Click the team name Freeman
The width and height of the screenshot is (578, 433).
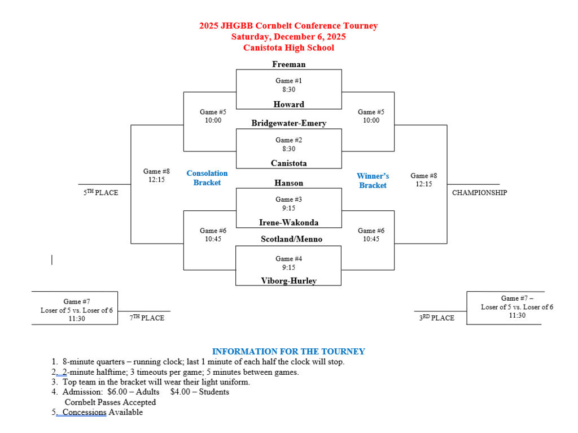pos(288,64)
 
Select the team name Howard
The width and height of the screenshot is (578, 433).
pos(288,105)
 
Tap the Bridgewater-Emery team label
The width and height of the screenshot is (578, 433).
pos(288,123)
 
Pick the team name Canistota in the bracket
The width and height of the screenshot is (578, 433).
pos(288,163)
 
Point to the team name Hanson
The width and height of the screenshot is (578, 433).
pos(288,183)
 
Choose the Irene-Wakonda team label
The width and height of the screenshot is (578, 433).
pos(288,223)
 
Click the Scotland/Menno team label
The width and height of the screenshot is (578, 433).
pos(291,239)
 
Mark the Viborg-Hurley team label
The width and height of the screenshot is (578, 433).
pos(288,281)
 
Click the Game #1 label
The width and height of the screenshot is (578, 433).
pos(288,81)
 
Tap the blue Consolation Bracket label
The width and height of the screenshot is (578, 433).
pos(207,178)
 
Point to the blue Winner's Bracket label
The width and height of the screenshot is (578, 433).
pos(373,181)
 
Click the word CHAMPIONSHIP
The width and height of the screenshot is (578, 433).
pos(479,193)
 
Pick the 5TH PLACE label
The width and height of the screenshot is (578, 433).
pos(101,193)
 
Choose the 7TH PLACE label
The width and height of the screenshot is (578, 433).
pos(147,318)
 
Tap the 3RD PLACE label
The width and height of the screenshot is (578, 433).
pos(436,318)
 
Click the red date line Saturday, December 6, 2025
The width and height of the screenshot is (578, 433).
pos(288,37)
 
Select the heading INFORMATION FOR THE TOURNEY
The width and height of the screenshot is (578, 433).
pos(288,352)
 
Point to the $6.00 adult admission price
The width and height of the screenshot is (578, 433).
pos(117,392)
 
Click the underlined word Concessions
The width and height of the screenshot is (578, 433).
pos(84,412)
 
